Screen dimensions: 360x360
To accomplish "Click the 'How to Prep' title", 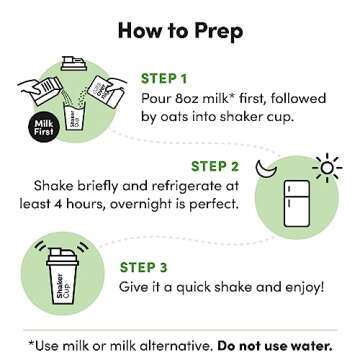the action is coord(180,31).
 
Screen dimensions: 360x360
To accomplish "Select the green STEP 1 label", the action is coord(164,79).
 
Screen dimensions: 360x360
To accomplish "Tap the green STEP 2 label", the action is coord(215,166).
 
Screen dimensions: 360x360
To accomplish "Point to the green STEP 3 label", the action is coord(143,267).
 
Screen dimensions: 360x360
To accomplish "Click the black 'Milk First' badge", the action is coord(44,127).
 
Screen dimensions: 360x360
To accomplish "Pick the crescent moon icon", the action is coord(266,168).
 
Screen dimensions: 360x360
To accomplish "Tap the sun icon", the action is coord(327,168).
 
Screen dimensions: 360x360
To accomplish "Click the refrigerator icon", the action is coord(296,203).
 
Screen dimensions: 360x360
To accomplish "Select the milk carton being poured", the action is coord(46,90).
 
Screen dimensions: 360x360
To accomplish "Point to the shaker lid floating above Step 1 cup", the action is coord(74,63).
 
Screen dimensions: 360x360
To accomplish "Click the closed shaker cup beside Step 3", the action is coord(62,276).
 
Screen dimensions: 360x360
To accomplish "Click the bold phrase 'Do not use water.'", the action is coord(275,346).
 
